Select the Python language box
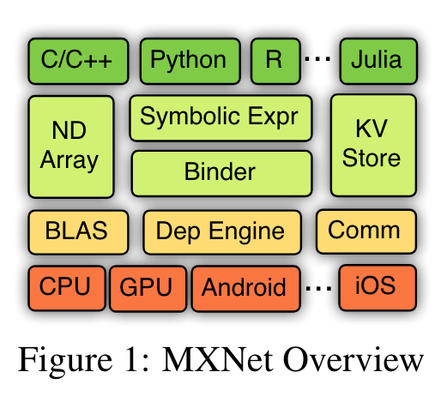coord(189,60)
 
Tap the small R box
coord(274,60)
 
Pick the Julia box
coord(376,60)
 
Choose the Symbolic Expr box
coord(220,117)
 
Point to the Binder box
coord(220,171)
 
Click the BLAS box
coord(77,231)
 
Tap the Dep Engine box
coord(221,231)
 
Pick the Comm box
coord(365,231)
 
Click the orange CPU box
coord(66,285)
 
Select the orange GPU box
coord(148,286)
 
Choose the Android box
coord(245,286)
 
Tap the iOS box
coord(376,285)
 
